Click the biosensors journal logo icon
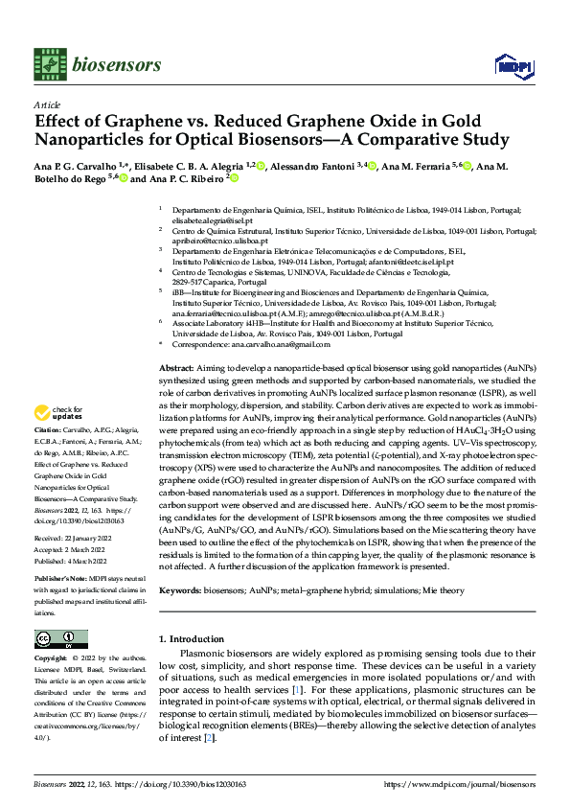(x=48, y=64)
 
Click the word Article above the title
(x=47, y=104)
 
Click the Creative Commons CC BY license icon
(x=60, y=638)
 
